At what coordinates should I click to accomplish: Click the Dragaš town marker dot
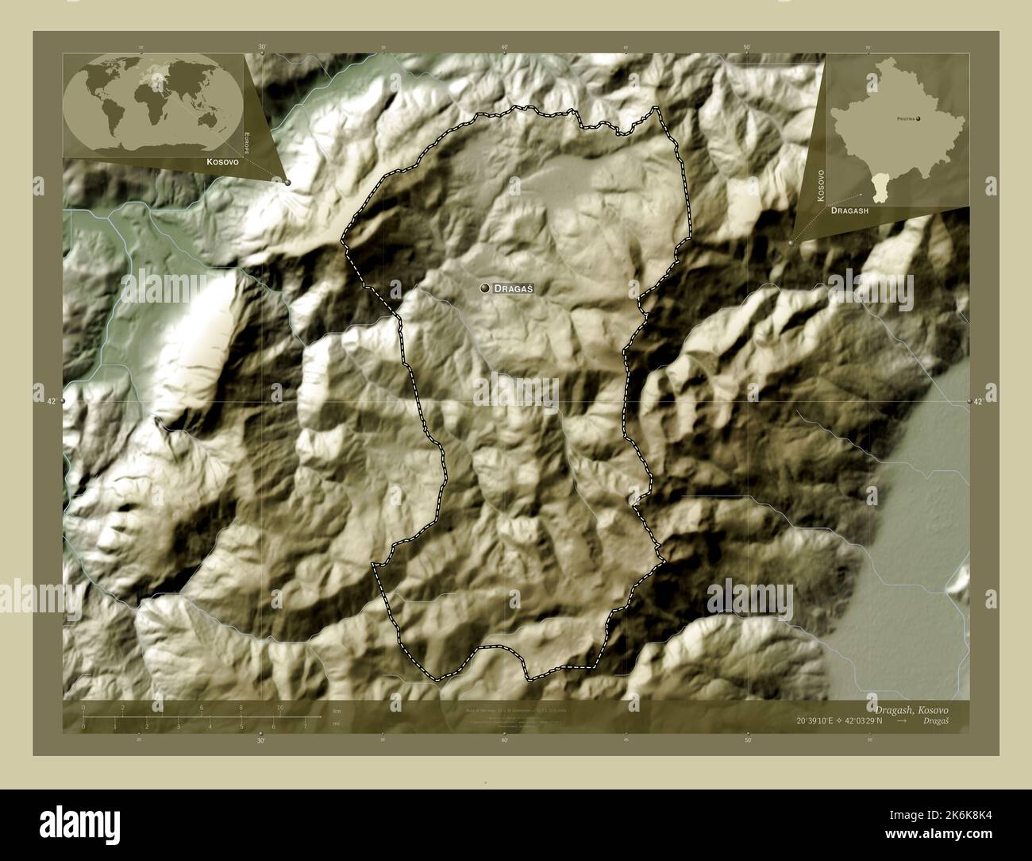point(484,289)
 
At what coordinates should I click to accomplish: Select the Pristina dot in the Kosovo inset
point(919,118)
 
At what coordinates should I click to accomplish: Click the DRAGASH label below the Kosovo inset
point(849,212)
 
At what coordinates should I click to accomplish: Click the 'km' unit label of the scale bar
point(337,711)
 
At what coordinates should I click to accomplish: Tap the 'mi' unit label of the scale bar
point(337,724)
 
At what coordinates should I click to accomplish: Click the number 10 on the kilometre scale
point(279,708)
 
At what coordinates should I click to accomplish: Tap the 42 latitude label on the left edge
point(51,402)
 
